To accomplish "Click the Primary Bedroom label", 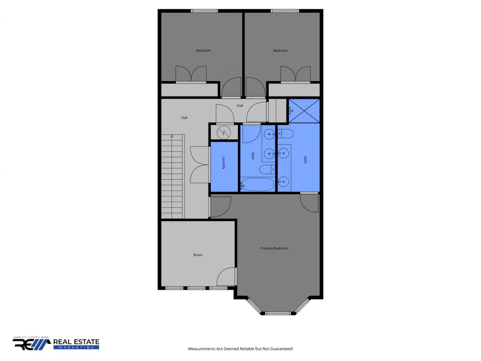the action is [274, 248].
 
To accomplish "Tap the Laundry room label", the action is [223, 162].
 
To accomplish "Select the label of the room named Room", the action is [198, 255].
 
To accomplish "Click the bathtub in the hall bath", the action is [258, 184].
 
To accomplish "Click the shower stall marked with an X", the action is [304, 111].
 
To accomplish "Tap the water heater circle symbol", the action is [224, 133].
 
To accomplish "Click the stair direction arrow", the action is [172, 136].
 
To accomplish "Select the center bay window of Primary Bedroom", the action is [278, 314].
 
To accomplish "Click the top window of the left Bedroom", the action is [204, 11].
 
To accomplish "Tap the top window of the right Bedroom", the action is [285, 11].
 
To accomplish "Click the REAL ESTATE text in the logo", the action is [76, 342].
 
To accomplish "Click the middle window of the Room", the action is [196, 288].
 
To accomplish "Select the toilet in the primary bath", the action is [285, 133].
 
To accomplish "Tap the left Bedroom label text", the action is [203, 51].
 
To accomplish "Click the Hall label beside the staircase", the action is [184, 118].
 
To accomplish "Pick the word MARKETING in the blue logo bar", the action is [76, 348].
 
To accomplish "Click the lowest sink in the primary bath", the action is [283, 182].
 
